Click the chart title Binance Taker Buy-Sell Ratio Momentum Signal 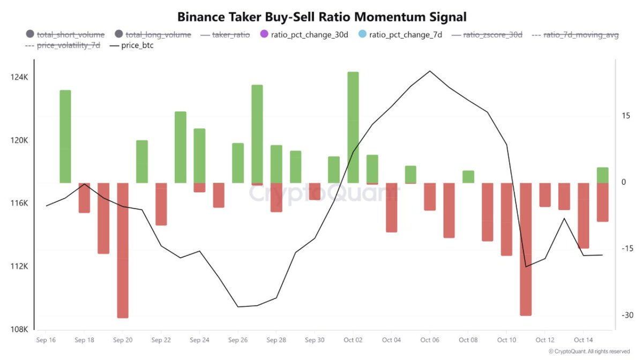(x=322, y=17)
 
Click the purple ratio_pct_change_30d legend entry (x=303, y=35)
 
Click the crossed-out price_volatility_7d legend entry (x=68, y=46)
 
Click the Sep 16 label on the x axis (x=46, y=340)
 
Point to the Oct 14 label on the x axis (x=583, y=340)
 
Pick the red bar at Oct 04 (x=392, y=207)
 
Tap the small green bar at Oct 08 (x=468, y=177)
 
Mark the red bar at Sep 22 (x=161, y=204)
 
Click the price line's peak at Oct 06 (x=430, y=71)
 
